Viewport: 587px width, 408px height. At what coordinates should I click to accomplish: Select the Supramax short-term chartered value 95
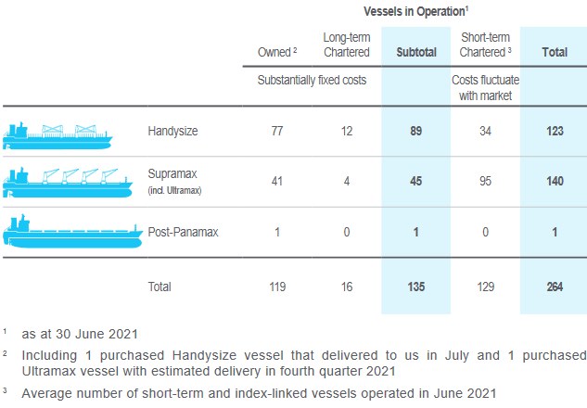tap(486, 181)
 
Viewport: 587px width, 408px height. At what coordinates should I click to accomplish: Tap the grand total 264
tap(555, 287)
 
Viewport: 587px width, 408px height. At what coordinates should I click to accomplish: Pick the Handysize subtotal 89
tap(415, 132)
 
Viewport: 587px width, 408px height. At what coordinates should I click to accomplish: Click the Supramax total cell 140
tap(555, 181)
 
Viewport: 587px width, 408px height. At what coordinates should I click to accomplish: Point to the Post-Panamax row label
tap(183, 232)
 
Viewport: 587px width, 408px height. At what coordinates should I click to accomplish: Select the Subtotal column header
tap(415, 53)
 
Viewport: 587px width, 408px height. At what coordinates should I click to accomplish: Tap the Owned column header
tap(274, 53)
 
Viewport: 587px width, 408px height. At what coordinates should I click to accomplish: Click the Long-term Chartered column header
tap(346, 45)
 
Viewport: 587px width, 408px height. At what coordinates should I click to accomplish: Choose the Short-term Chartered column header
tap(487, 45)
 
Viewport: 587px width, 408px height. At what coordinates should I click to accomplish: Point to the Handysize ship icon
tap(57, 134)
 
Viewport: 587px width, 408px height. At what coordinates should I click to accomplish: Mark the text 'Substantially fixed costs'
tap(312, 80)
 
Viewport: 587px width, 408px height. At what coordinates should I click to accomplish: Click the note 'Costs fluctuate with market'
tap(486, 87)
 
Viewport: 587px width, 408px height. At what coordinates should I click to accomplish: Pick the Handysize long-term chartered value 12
tap(346, 132)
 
